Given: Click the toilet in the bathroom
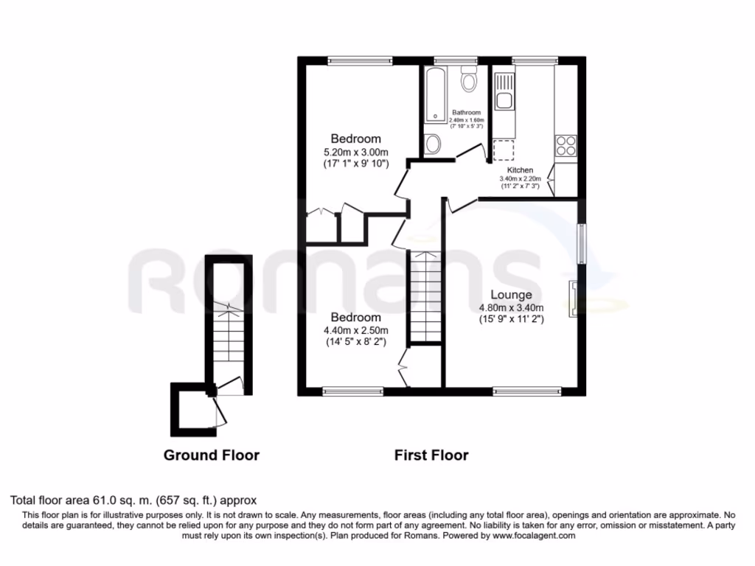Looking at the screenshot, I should click(x=467, y=79).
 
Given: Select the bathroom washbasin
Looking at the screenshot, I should click(x=433, y=143).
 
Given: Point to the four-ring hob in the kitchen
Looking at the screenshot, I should click(x=566, y=145).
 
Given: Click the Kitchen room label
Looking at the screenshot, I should click(x=519, y=170).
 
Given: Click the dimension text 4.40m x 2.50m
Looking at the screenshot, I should click(x=355, y=329).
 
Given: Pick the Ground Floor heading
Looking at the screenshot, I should click(x=211, y=455).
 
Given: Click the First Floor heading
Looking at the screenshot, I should click(x=431, y=455).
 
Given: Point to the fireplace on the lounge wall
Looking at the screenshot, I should click(x=572, y=298).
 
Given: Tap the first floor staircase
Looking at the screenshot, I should click(x=425, y=295).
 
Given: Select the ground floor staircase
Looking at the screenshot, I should click(x=229, y=335).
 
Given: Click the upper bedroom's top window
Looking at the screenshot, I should click(x=359, y=61).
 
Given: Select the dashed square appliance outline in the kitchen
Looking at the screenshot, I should click(x=503, y=150).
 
